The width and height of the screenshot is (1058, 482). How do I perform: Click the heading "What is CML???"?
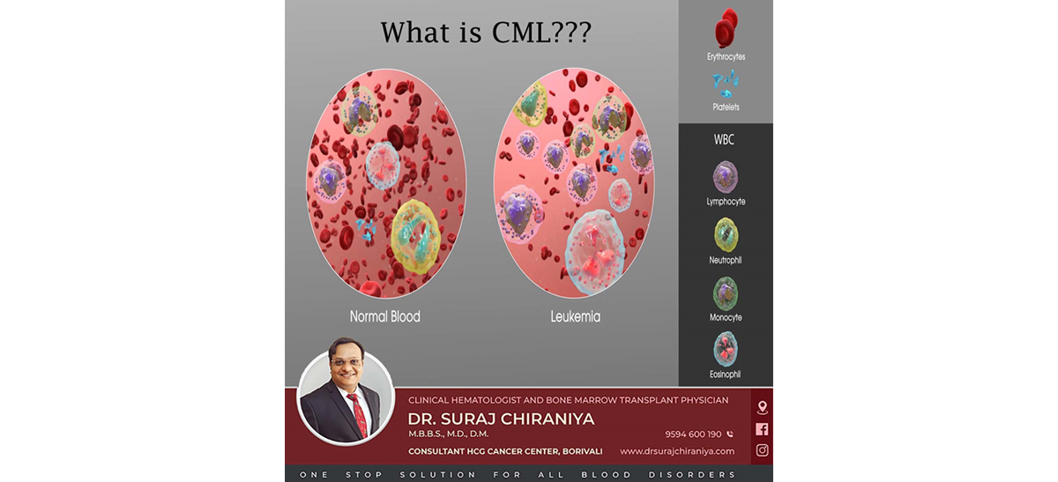tap(486, 33)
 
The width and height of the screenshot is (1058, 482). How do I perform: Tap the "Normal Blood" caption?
tap(385, 316)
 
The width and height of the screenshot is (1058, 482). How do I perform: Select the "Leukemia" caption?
tap(575, 316)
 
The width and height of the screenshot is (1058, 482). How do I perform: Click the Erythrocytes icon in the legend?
tap(726, 28)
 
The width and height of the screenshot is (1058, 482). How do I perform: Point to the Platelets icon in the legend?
tap(726, 84)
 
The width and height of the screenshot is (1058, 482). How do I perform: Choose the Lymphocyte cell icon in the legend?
tap(726, 177)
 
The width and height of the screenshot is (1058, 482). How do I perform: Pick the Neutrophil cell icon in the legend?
tap(726, 234)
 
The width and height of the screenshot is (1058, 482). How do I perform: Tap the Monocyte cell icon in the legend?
tap(726, 293)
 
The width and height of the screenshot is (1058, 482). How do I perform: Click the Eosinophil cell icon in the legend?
tap(726, 349)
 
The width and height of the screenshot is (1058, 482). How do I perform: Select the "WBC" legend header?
tap(724, 140)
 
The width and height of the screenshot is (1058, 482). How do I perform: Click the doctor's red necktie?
tap(359, 415)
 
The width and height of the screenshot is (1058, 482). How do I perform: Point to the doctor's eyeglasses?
tap(346, 362)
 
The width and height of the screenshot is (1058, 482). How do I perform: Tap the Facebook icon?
tap(762, 429)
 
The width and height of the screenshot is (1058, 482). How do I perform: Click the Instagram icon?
tap(762, 450)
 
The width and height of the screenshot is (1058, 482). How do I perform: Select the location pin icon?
tap(762, 407)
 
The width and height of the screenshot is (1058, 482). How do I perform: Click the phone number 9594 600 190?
tap(693, 434)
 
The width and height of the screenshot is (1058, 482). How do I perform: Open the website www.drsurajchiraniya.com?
tap(677, 451)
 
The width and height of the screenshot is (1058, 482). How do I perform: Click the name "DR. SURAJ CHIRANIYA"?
tap(501, 419)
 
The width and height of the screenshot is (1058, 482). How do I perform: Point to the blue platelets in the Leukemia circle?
tap(612, 159)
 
